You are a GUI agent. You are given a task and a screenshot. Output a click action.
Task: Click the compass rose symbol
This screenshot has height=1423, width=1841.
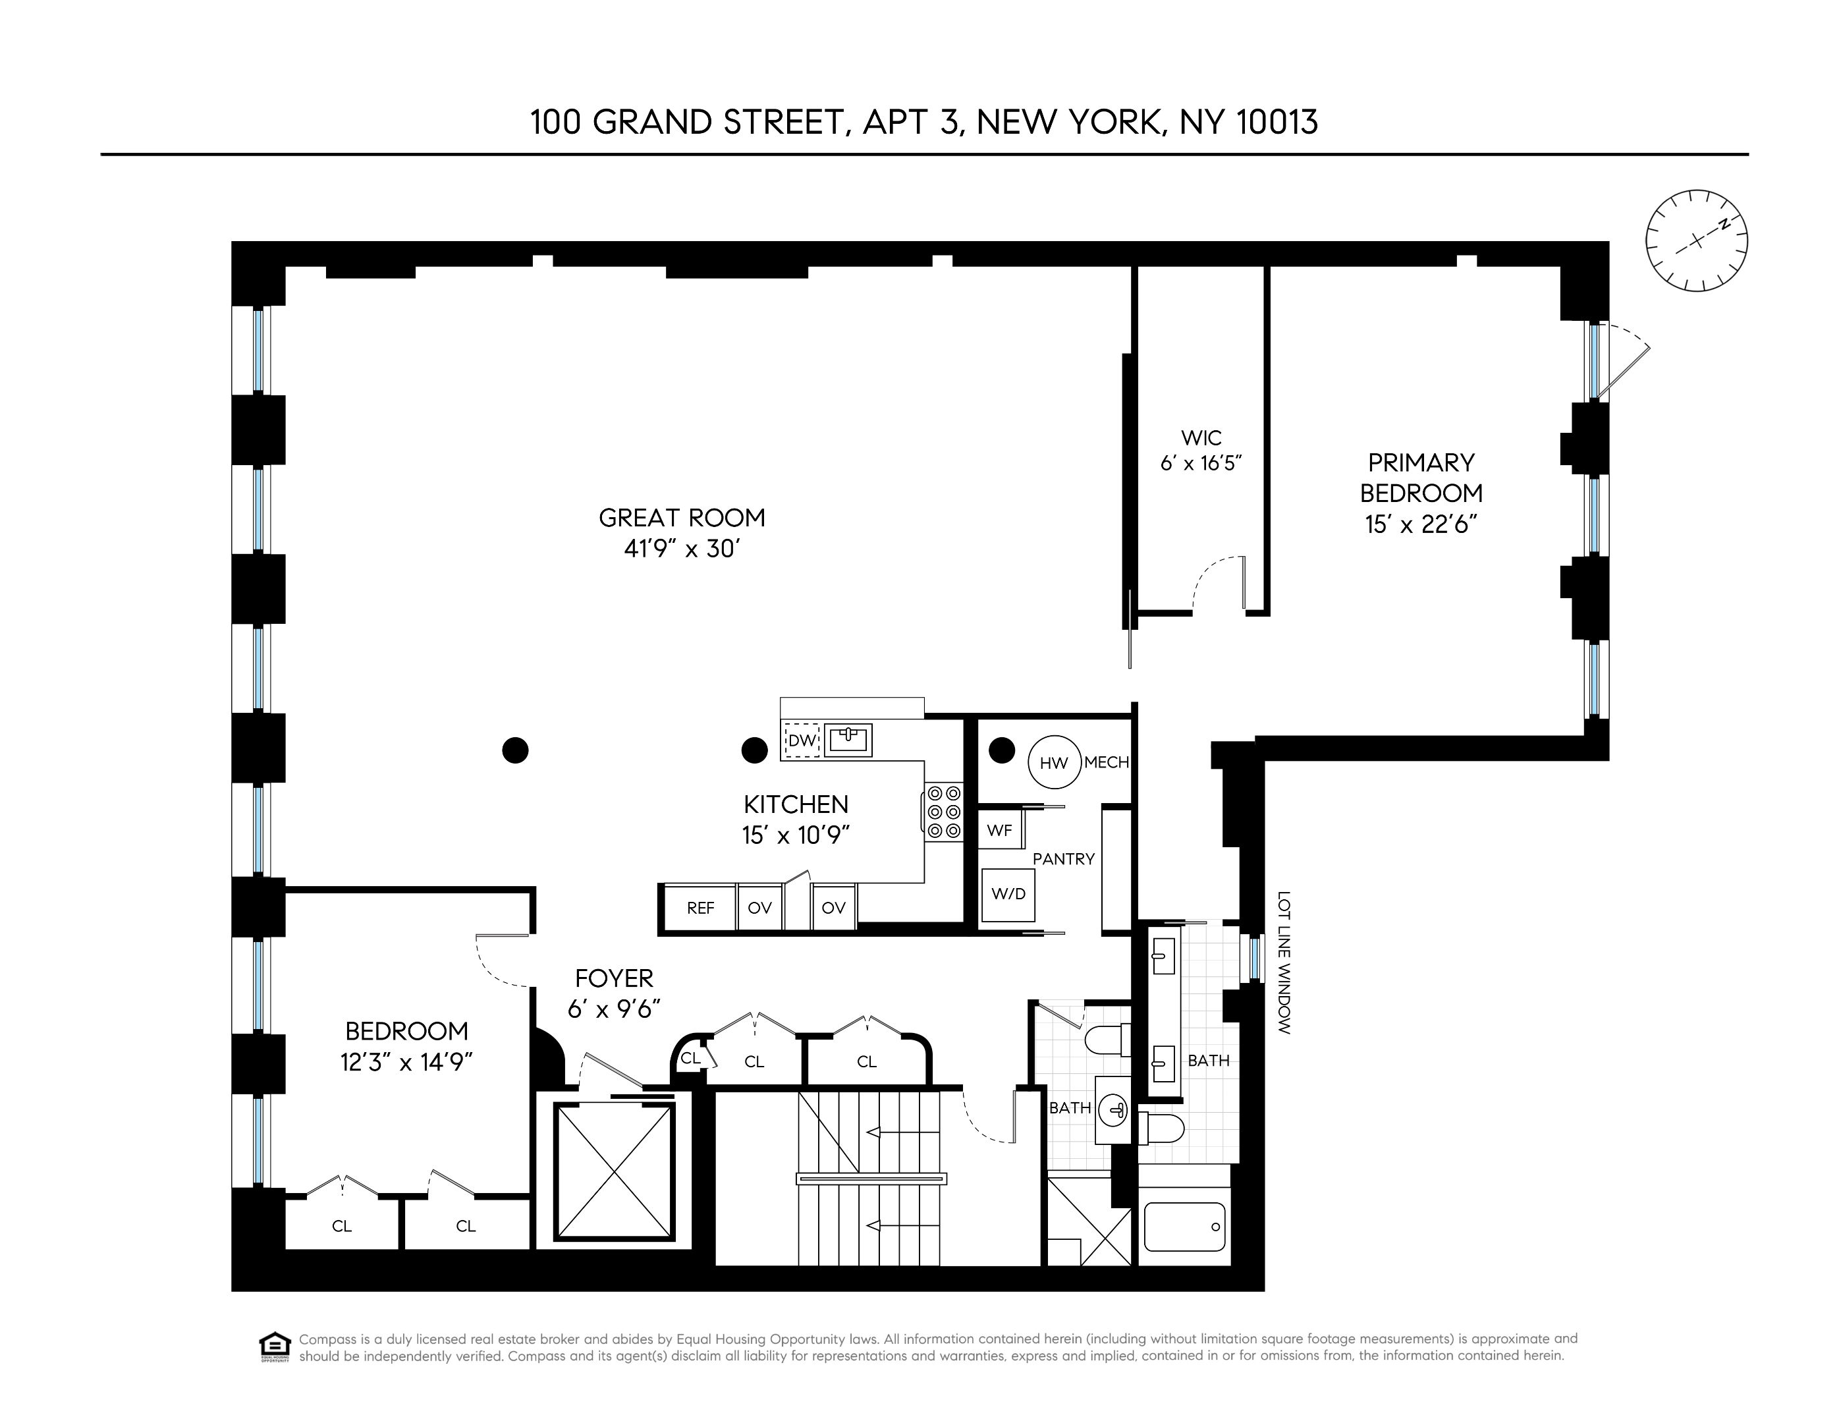(1696, 241)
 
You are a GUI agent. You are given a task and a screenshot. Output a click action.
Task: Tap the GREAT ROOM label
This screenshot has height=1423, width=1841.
(682, 518)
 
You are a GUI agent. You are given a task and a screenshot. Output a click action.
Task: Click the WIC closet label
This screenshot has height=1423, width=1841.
(1201, 438)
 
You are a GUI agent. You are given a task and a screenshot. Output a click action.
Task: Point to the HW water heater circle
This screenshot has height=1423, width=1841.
(1053, 763)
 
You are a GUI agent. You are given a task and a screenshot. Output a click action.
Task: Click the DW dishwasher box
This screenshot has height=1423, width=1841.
(802, 741)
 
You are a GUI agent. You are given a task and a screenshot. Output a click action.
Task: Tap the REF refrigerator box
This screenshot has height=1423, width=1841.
(700, 908)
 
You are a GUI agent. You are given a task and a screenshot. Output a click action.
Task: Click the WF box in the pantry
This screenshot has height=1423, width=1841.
(999, 830)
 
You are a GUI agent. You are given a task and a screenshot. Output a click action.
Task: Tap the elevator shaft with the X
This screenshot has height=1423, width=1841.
(615, 1170)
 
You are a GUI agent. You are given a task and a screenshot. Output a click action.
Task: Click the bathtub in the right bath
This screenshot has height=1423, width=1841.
(1184, 1227)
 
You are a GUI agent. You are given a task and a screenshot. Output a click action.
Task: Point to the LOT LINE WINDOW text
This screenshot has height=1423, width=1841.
(1284, 963)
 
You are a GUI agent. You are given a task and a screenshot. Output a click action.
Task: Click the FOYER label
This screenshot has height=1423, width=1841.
(614, 979)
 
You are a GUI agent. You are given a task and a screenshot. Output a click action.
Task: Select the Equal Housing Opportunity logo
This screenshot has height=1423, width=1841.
(275, 1347)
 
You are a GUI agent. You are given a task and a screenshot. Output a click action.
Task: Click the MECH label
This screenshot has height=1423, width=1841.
(1106, 763)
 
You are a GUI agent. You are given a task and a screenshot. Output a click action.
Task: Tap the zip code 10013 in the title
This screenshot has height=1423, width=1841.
(1277, 123)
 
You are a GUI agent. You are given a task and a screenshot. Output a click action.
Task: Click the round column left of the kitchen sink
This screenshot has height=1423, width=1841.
(754, 750)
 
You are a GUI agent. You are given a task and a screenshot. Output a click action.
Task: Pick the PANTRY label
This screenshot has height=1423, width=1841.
(1063, 859)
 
